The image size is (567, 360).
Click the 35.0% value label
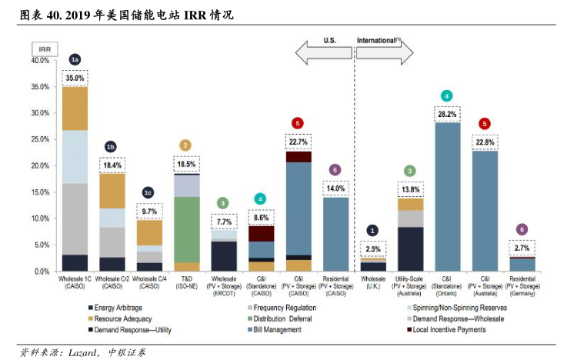[75, 78]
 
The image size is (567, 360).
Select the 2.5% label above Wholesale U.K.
[373, 249]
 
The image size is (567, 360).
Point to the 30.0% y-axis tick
[38, 113]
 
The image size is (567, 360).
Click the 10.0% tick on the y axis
[38, 219]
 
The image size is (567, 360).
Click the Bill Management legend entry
[278, 329]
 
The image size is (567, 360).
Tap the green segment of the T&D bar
[186, 229]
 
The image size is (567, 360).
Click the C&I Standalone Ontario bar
[446, 197]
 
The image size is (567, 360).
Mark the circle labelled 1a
[75, 59]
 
